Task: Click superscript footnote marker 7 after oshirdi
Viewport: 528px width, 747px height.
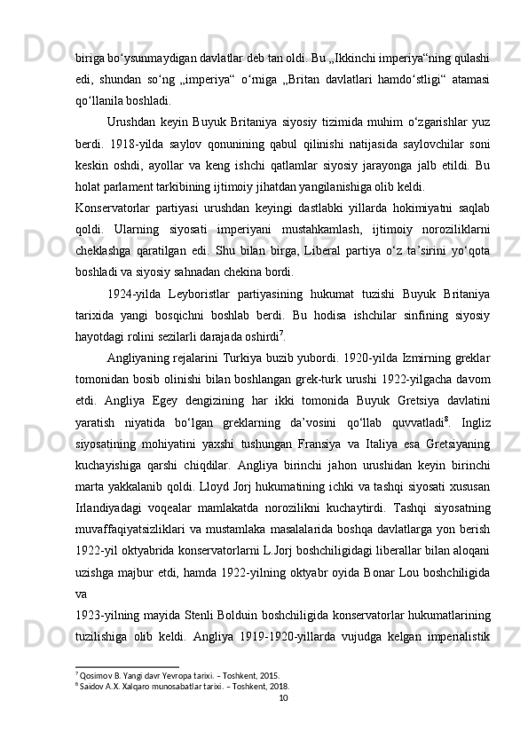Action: pyautogui.click(x=306, y=336)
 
